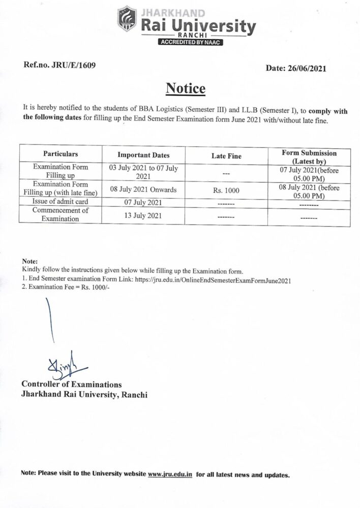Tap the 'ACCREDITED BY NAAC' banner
190,43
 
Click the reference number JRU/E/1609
59,66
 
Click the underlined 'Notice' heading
185,89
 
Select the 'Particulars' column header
61,153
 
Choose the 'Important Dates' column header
143,155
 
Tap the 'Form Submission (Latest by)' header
309,156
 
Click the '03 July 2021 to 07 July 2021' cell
143,171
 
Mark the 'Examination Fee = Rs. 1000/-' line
66,287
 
